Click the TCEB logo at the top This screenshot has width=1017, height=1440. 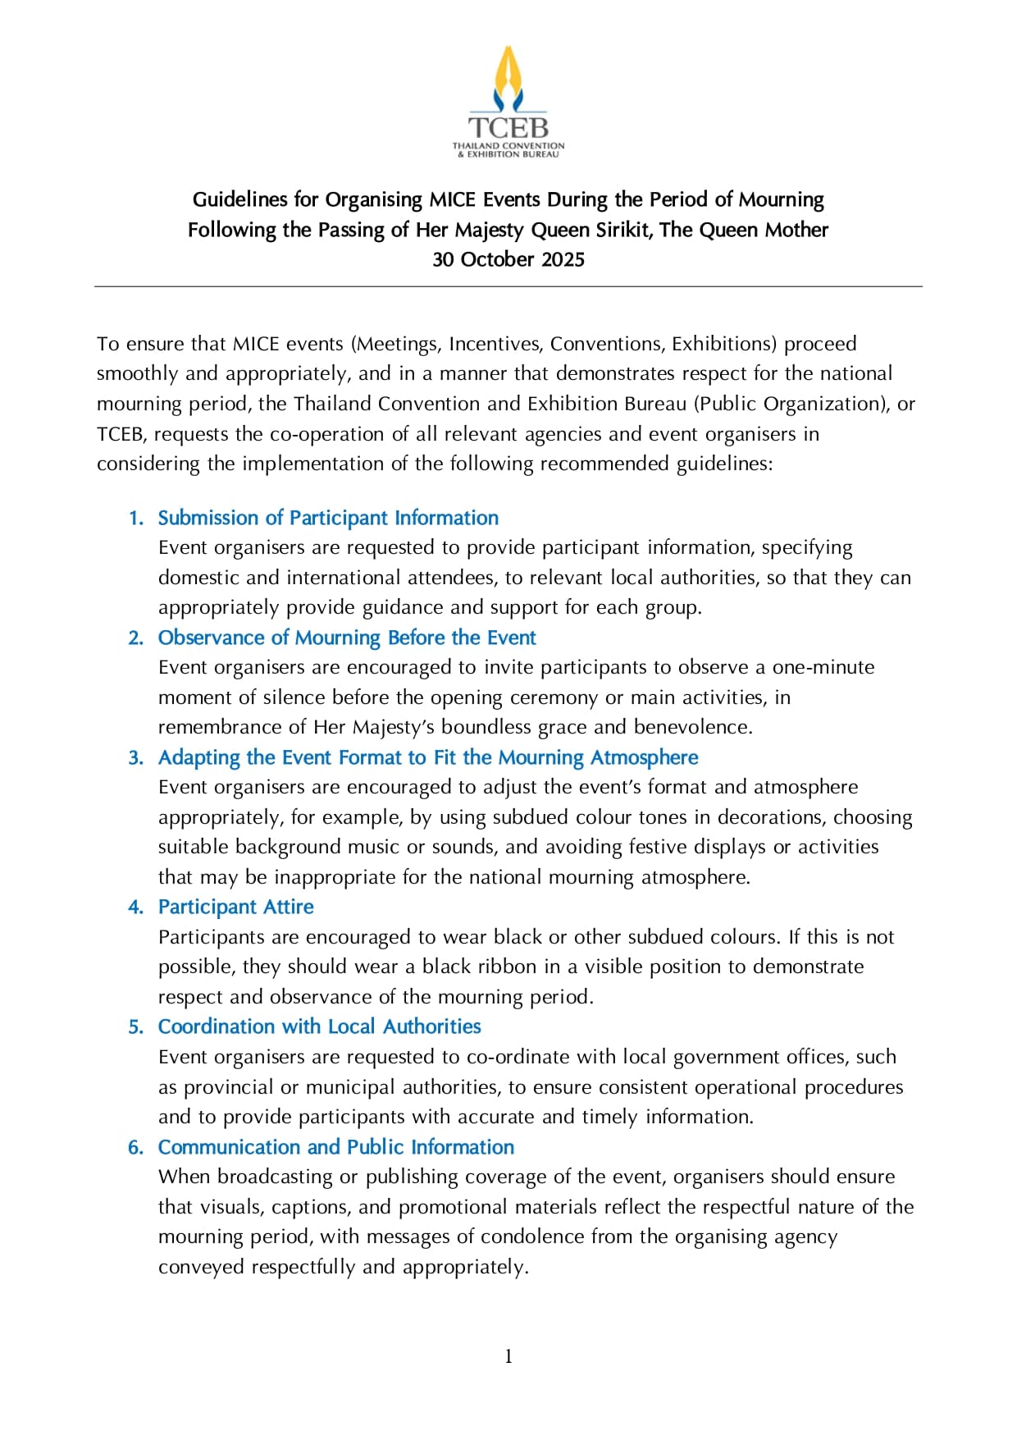click(508, 103)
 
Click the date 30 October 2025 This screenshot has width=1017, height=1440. click(508, 259)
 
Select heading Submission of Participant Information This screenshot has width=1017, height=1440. click(328, 518)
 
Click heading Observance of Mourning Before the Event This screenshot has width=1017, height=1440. click(347, 638)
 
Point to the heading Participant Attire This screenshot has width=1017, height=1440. click(236, 907)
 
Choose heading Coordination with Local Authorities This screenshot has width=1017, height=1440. click(320, 1026)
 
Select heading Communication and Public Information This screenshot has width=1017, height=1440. click(336, 1147)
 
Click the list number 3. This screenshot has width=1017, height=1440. click(136, 758)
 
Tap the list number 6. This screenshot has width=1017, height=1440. click(136, 1148)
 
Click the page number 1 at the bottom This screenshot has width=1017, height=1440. click(508, 1357)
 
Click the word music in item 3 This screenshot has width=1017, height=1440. click(356, 847)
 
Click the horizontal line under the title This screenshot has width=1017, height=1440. click(508, 286)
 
